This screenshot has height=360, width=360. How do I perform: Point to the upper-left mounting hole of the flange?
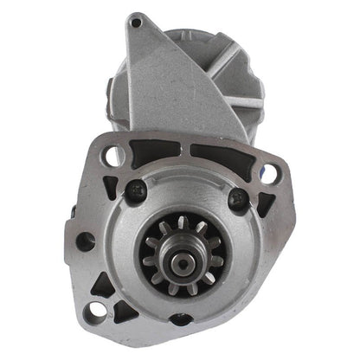pos(114,156)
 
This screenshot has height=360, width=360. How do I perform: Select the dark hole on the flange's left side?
pos(85,241)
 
